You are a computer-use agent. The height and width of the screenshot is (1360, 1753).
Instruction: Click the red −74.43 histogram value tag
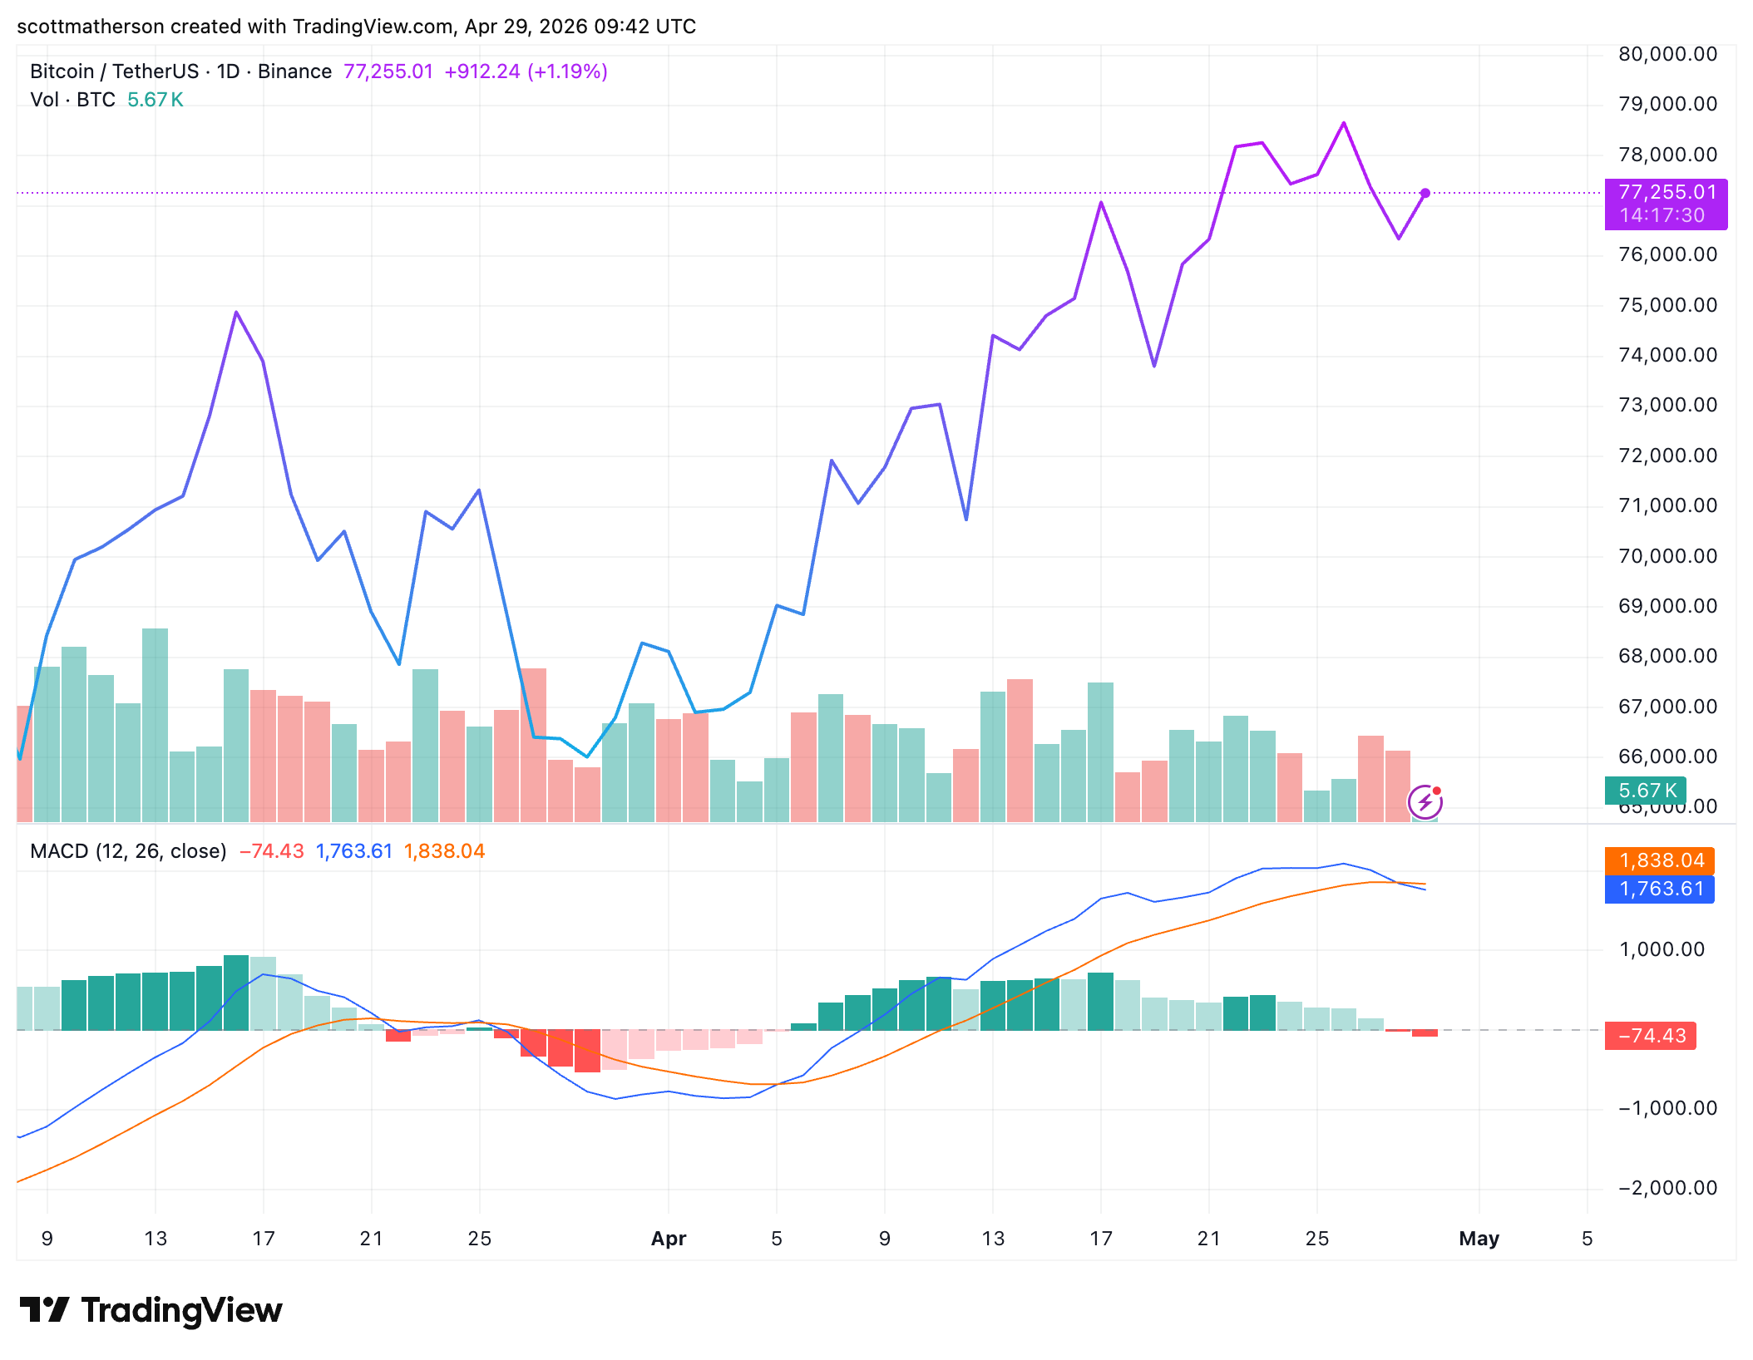tap(1651, 1036)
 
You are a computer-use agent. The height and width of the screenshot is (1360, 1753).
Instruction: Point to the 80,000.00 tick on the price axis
tap(1667, 54)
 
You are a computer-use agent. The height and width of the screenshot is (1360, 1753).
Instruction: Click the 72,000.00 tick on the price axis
tap(1667, 456)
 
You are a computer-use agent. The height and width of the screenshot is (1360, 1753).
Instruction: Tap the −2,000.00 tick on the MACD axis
tap(1667, 1188)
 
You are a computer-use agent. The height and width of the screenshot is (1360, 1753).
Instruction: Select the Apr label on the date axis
tap(669, 1239)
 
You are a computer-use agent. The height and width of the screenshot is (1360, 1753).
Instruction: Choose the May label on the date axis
tap(1479, 1239)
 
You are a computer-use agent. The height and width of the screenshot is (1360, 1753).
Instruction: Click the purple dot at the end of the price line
tap(1425, 193)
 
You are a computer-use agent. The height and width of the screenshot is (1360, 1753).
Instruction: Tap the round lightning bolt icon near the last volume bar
tap(1425, 802)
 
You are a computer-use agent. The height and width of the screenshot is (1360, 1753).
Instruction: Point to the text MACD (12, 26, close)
tap(128, 851)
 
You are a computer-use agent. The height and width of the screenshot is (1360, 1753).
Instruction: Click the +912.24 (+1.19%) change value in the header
tap(526, 71)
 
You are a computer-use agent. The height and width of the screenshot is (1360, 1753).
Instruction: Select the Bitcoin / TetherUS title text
tap(114, 71)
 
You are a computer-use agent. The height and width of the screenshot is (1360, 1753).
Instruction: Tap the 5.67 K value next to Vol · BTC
tap(155, 100)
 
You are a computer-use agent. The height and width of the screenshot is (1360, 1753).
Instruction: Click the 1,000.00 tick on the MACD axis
tap(1662, 949)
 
